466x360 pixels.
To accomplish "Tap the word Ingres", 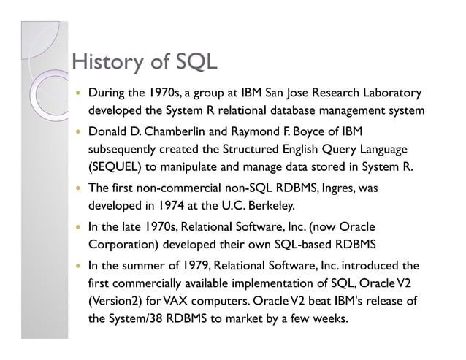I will (334, 188).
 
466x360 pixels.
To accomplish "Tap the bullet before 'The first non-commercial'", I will (77, 188).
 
